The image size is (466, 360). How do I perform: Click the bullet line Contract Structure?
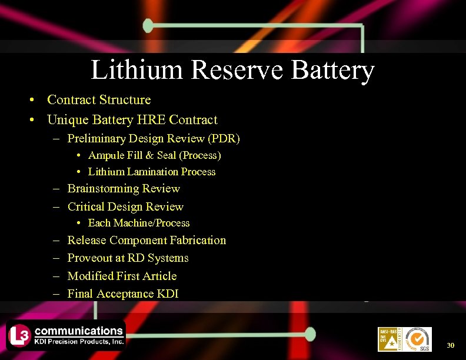pos(99,100)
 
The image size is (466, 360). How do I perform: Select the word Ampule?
pos(106,155)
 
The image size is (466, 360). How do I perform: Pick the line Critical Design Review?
pos(125,206)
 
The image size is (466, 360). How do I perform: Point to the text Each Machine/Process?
pos(139,223)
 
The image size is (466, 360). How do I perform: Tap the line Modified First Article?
pos(122,276)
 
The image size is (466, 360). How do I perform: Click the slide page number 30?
pos(451,345)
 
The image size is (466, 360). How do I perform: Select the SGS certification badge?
pos(418,339)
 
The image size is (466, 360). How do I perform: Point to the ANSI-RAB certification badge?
pos(389,339)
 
